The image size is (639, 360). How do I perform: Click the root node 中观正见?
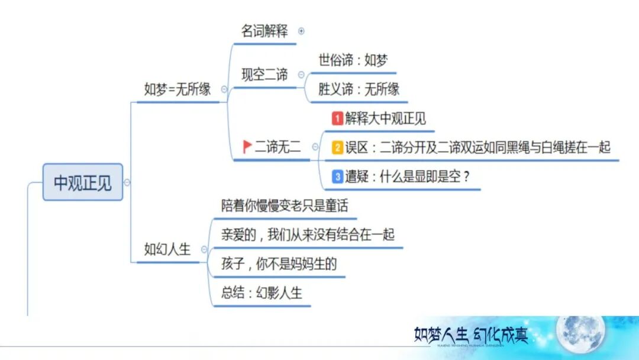83,182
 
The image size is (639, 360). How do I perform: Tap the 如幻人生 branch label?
167,249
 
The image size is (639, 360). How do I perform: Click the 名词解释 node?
264,31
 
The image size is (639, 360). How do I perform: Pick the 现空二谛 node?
264,75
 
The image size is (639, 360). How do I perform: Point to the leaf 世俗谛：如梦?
353,60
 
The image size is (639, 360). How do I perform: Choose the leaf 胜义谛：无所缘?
359,89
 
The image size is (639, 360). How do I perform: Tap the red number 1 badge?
337,119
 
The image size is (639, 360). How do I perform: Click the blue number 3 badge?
337,176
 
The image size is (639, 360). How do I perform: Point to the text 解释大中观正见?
385,119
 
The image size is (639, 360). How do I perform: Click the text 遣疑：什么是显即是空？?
406,176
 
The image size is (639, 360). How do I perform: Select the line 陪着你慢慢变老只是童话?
285,205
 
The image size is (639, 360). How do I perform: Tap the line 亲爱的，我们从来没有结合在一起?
308,234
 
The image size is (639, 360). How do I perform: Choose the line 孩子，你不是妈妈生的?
279,263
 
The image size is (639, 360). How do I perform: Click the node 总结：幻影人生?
262,293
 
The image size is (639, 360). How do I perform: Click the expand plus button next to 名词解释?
302,31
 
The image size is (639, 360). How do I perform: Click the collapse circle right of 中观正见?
127,182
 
